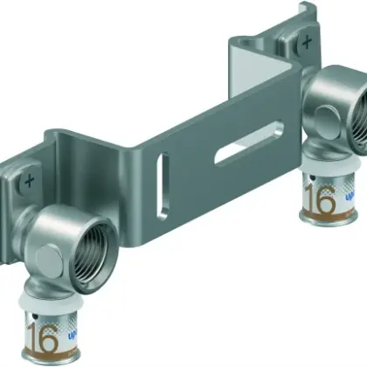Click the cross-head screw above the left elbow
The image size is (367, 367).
click(x=31, y=180)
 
